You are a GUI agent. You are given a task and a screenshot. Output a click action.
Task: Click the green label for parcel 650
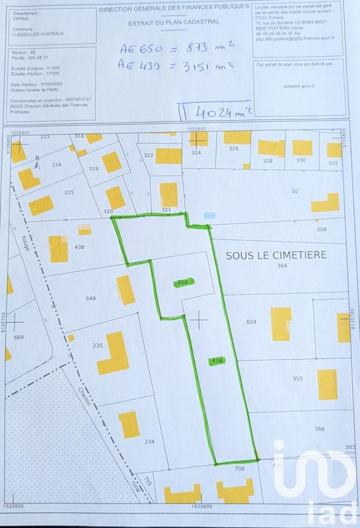click(183, 282)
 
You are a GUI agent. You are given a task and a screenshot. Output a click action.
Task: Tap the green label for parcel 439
click(216, 360)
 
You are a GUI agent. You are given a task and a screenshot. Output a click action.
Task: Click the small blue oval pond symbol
click(209, 215)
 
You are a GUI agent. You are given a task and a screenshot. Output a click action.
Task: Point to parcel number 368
click(282, 266)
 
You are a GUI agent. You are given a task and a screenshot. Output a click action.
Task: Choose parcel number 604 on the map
click(251, 321)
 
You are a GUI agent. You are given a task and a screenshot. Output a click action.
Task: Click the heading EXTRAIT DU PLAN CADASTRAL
click(174, 23)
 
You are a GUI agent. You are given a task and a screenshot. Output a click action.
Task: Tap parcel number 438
click(80, 247)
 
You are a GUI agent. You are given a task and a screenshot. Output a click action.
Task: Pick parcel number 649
click(91, 298)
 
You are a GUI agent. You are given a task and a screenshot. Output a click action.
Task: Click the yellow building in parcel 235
click(116, 353)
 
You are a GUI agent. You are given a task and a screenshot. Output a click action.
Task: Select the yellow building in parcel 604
click(281, 323)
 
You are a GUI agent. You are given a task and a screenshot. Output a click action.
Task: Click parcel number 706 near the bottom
click(239, 468)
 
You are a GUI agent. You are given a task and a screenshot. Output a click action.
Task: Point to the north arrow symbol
click(37, 162)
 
